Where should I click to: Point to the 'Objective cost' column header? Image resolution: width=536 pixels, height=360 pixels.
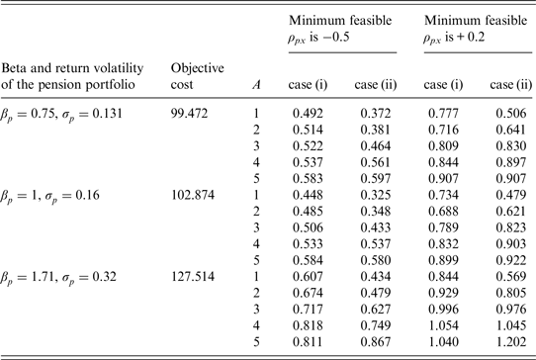tap(198, 75)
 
